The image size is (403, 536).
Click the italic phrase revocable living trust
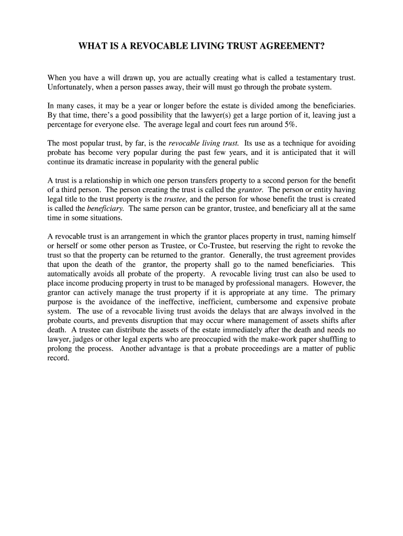[204, 143]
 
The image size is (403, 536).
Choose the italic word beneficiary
[105, 208]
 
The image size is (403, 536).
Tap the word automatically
[69, 274]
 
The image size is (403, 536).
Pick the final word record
[58, 358]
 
